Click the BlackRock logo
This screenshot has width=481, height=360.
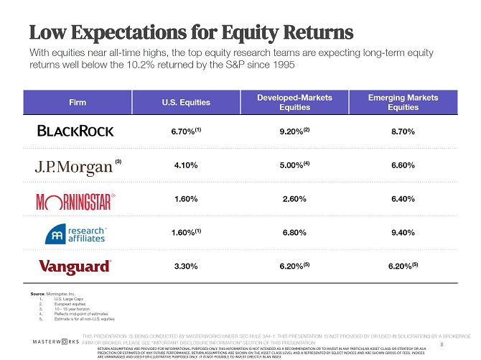click(75, 131)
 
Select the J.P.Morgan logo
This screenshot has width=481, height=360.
click(75, 166)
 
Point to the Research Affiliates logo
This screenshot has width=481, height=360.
click(75, 233)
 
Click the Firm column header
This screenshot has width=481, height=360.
click(78, 103)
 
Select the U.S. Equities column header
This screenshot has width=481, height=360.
click(186, 103)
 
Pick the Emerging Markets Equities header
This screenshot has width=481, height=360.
click(403, 102)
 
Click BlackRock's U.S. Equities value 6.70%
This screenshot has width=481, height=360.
click(184, 132)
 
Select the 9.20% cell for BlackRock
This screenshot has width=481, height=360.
click(293, 132)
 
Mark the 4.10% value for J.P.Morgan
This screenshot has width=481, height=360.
click(186, 165)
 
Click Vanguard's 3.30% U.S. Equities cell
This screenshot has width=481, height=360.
click(186, 267)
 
